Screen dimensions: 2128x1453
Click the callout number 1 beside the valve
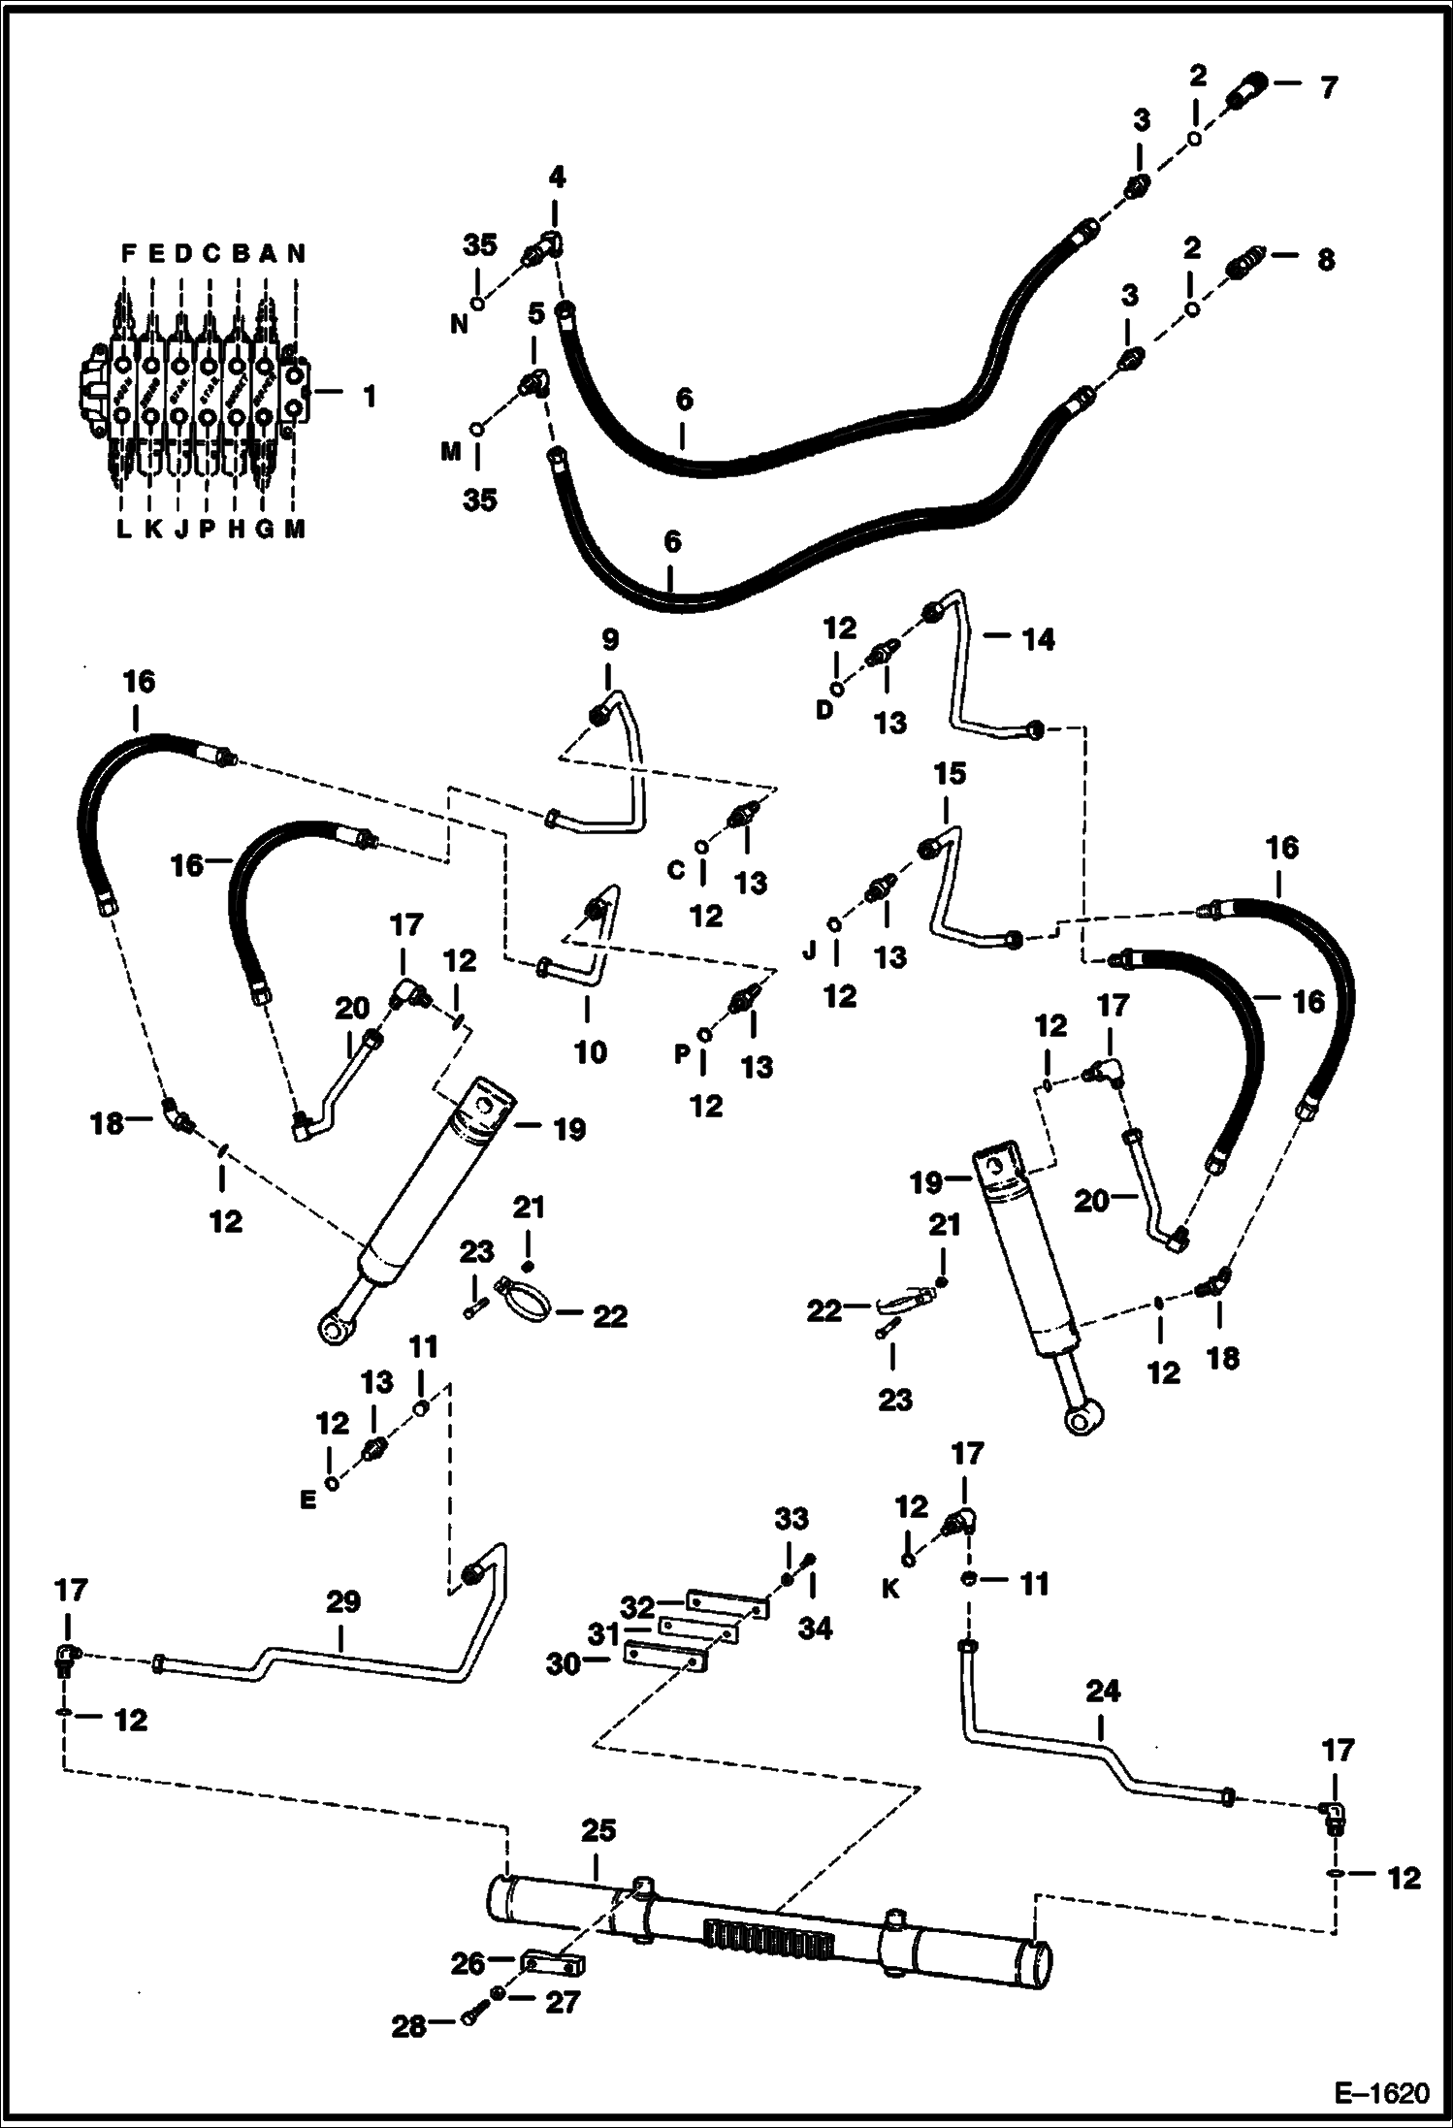point(369,397)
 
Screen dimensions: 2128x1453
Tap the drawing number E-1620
point(1381,2093)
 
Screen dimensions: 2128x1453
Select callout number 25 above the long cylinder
point(598,1830)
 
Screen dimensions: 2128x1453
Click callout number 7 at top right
point(1329,87)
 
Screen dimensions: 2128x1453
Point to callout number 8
point(1325,259)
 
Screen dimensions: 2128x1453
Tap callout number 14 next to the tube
point(1037,639)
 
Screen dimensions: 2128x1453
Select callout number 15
point(951,773)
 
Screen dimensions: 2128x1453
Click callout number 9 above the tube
point(609,640)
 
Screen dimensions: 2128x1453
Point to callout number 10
point(590,1051)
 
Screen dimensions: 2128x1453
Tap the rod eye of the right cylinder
point(1079,1420)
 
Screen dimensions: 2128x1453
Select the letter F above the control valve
point(127,253)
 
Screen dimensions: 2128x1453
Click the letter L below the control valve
point(123,529)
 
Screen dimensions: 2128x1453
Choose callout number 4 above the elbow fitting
point(557,177)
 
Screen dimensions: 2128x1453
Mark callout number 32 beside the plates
point(638,1607)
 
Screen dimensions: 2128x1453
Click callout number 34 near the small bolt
point(815,1628)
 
